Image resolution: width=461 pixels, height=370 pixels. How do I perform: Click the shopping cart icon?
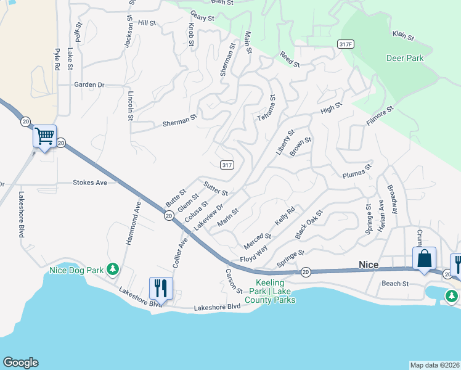[44, 136]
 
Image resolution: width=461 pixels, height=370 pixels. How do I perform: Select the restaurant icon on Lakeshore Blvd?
[161, 288]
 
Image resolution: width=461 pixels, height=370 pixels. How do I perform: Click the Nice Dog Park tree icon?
[112, 269]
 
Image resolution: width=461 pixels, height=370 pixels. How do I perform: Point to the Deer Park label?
[405, 59]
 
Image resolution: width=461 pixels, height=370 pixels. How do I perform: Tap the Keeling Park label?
[275, 292]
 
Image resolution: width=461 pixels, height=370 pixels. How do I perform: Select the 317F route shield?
[345, 44]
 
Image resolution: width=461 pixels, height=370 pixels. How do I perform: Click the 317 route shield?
[227, 164]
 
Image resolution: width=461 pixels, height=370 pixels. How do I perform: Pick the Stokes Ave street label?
[90, 183]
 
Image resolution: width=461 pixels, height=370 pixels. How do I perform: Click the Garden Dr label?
[89, 84]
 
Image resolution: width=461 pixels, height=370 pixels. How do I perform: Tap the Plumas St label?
[358, 171]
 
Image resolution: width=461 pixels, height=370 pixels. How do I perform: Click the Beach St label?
[395, 284]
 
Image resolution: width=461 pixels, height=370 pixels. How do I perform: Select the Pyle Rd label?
[57, 59]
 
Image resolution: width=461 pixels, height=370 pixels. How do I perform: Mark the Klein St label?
[403, 36]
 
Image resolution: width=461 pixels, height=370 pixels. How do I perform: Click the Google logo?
[20, 363]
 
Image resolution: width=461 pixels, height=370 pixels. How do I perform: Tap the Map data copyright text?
[434, 365]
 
